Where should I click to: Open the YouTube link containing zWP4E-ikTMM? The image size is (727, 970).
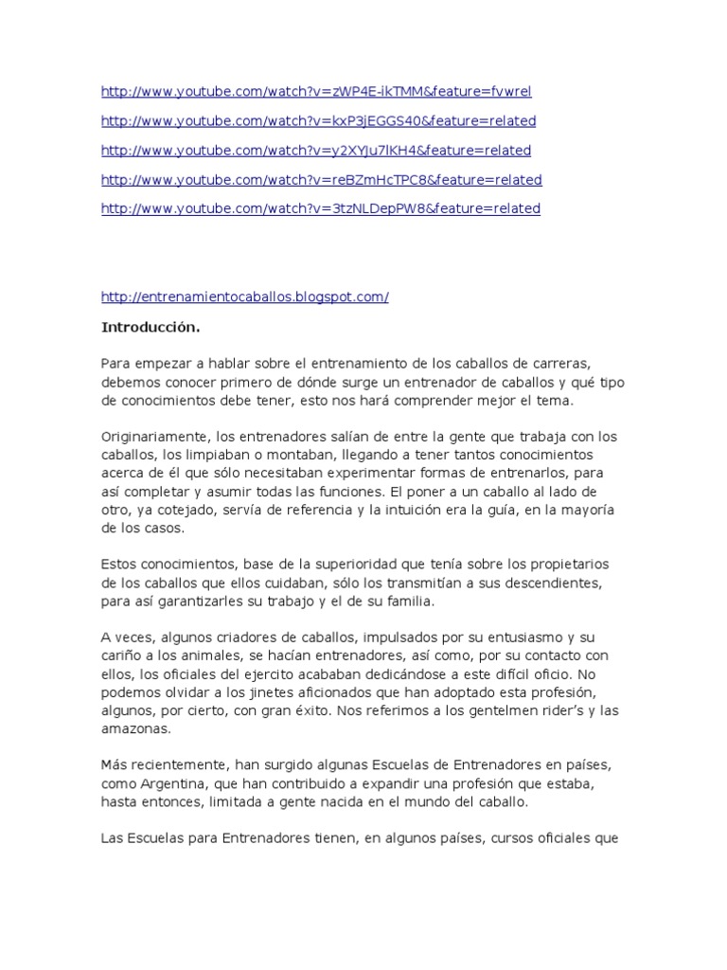[316, 92]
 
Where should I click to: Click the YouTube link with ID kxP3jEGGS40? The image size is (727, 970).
[318, 121]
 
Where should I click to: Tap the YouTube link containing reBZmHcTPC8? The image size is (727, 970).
[321, 180]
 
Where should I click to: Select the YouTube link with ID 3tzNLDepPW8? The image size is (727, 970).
[320, 209]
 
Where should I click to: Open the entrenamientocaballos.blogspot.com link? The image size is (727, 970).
[244, 297]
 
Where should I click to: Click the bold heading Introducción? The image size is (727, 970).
[151, 328]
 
